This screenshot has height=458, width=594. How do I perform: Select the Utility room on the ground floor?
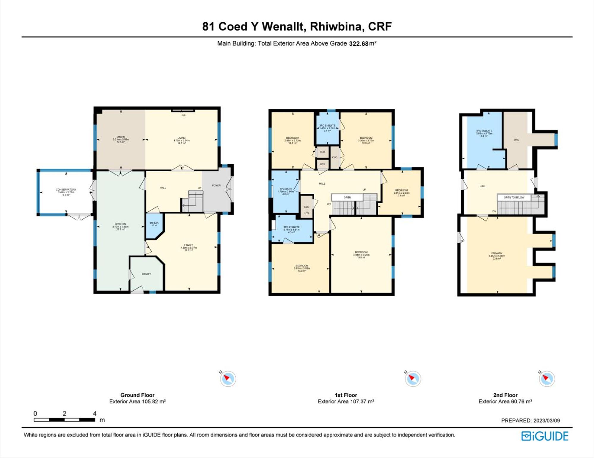pos(146,274)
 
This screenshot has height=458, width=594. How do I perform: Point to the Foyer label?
pos(216,185)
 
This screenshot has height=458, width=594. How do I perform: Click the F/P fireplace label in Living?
pos(183,115)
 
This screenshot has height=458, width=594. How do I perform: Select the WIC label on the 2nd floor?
pos(516,140)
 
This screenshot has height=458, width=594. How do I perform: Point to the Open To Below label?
pos(514,197)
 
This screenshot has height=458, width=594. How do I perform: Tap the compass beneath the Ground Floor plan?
pos(228,379)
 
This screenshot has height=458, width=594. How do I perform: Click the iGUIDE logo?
pos(545,436)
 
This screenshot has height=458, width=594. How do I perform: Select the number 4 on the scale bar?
pos(95,413)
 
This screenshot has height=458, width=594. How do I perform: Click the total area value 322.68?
pos(358,44)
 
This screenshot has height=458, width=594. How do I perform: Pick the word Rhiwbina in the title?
pos(337,26)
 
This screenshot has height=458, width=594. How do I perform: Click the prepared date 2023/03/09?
pos(546,421)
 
